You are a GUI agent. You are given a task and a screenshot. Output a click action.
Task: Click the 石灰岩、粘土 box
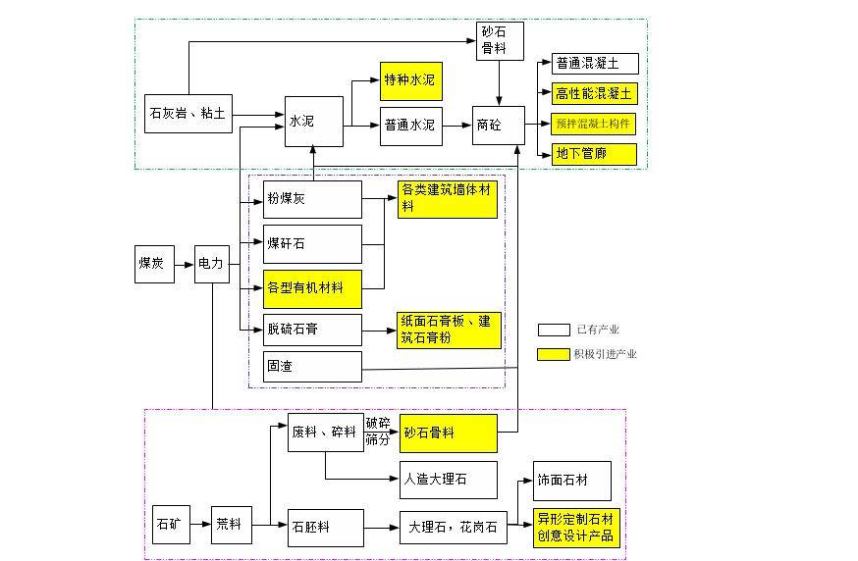tap(188, 113)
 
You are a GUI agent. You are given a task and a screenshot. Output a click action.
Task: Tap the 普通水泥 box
tap(411, 126)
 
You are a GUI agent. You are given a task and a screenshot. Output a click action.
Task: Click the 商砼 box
tap(499, 126)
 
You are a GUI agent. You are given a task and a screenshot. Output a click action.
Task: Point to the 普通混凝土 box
tap(595, 64)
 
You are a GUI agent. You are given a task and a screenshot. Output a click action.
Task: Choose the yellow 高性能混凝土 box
tap(595, 94)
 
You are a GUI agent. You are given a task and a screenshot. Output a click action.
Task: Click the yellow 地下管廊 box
tap(595, 154)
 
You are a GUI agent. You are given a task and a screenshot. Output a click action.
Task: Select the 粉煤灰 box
tap(312, 199)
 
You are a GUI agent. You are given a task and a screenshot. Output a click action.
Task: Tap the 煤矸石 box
tap(312, 243)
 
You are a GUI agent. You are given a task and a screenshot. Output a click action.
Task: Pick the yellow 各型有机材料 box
tap(312, 288)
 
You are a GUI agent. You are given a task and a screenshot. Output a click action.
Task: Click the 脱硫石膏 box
tap(312, 330)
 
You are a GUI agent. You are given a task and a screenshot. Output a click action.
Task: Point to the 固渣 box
tap(312, 367)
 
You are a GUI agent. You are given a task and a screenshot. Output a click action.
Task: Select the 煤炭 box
tap(154, 264)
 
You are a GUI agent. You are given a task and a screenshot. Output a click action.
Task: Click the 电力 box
tap(211, 264)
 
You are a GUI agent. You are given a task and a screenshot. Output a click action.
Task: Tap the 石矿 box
tap(170, 525)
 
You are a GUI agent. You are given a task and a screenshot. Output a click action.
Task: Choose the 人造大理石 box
tap(448, 481)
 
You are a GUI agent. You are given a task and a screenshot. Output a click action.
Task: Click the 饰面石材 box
tap(571, 481)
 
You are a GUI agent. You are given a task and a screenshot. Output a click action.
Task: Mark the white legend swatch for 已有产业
tap(553, 331)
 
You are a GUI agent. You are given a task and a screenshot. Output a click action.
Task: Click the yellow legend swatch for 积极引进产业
tap(553, 354)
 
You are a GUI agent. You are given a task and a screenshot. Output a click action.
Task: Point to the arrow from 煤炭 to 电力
tap(184, 264)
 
